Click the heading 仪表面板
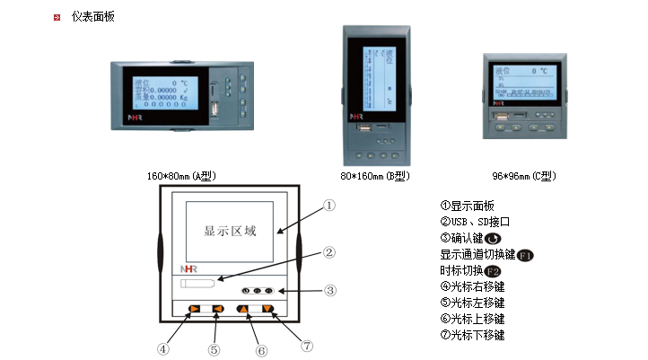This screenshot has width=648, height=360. (92, 17)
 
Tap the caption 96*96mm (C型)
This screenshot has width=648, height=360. (526, 175)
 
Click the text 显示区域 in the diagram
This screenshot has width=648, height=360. (230, 231)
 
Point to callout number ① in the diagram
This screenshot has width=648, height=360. (329, 205)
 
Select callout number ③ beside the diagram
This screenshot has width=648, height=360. (330, 290)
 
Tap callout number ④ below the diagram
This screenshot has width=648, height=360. (163, 348)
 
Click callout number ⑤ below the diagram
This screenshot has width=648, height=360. (214, 348)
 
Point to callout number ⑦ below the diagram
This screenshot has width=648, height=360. (307, 345)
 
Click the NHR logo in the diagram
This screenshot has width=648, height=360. (188, 268)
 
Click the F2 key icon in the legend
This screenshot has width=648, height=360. (493, 271)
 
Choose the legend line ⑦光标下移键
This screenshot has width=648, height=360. (472, 335)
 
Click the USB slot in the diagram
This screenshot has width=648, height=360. (198, 284)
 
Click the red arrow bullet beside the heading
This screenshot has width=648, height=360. (57, 17)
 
